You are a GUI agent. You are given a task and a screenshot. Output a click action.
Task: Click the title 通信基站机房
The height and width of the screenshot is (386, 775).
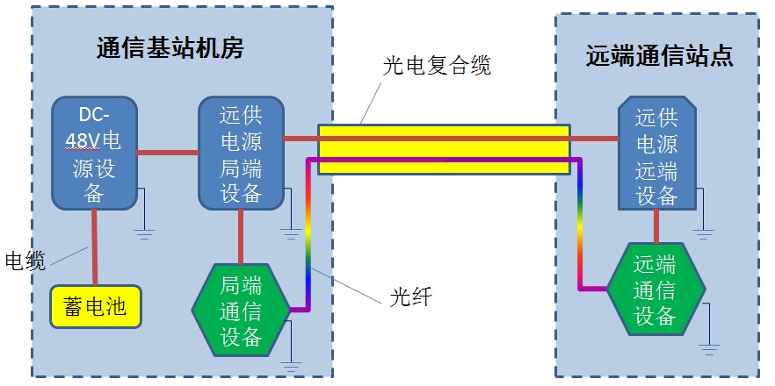coord(170,48)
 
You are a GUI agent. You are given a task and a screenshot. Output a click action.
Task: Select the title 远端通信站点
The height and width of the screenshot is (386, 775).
coord(660,56)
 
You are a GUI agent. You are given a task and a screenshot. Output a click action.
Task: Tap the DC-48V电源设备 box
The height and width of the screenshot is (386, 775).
coord(94,153)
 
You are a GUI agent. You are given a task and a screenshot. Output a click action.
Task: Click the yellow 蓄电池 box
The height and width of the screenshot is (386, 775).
coord(96,306)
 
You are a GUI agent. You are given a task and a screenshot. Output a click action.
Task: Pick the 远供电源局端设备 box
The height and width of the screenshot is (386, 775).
coord(241,153)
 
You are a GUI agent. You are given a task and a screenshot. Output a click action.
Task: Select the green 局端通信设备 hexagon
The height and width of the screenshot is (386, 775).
coord(241,310)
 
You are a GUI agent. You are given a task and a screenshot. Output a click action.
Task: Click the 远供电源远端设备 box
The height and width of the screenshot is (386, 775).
coord(656,153)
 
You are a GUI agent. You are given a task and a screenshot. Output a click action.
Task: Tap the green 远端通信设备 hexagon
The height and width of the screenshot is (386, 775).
coord(655,289)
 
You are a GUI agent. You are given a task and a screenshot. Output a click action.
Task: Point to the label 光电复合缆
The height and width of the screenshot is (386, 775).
coord(437,65)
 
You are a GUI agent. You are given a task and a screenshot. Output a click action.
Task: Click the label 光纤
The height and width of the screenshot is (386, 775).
coord(410,297)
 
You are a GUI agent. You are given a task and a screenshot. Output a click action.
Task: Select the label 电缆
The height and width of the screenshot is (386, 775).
coord(25,261)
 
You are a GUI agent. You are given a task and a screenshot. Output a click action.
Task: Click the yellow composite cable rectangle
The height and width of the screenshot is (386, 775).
coord(444,149)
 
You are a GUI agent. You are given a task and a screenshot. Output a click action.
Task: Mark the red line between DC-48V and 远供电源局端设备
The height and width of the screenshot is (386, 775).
coord(168,153)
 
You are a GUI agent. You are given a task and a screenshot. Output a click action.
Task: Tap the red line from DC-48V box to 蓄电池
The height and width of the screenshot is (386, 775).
coord(94,247)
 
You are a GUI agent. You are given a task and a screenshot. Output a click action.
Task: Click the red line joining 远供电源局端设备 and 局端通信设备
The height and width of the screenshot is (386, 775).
coord(241,237)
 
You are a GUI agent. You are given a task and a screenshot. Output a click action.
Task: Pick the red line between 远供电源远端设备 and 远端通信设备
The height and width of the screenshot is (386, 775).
coord(655,226)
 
